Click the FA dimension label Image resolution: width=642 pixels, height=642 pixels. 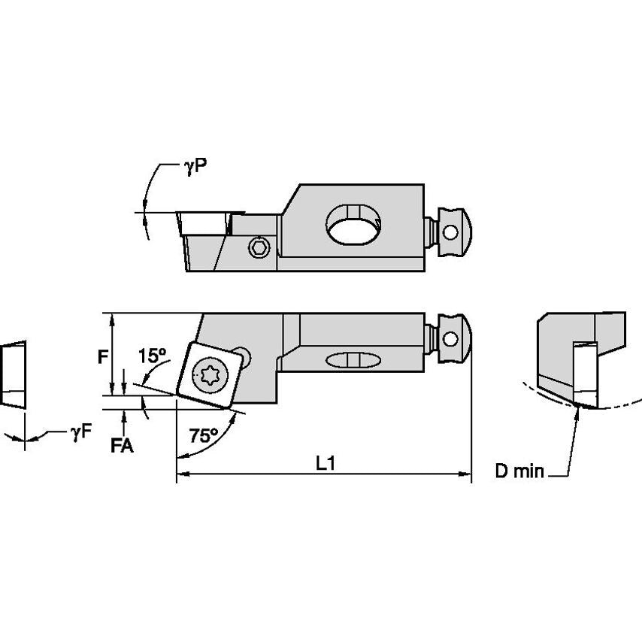[122, 446]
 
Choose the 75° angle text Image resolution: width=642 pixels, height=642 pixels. [204, 435]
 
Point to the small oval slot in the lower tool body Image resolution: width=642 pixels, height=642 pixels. [353, 360]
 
